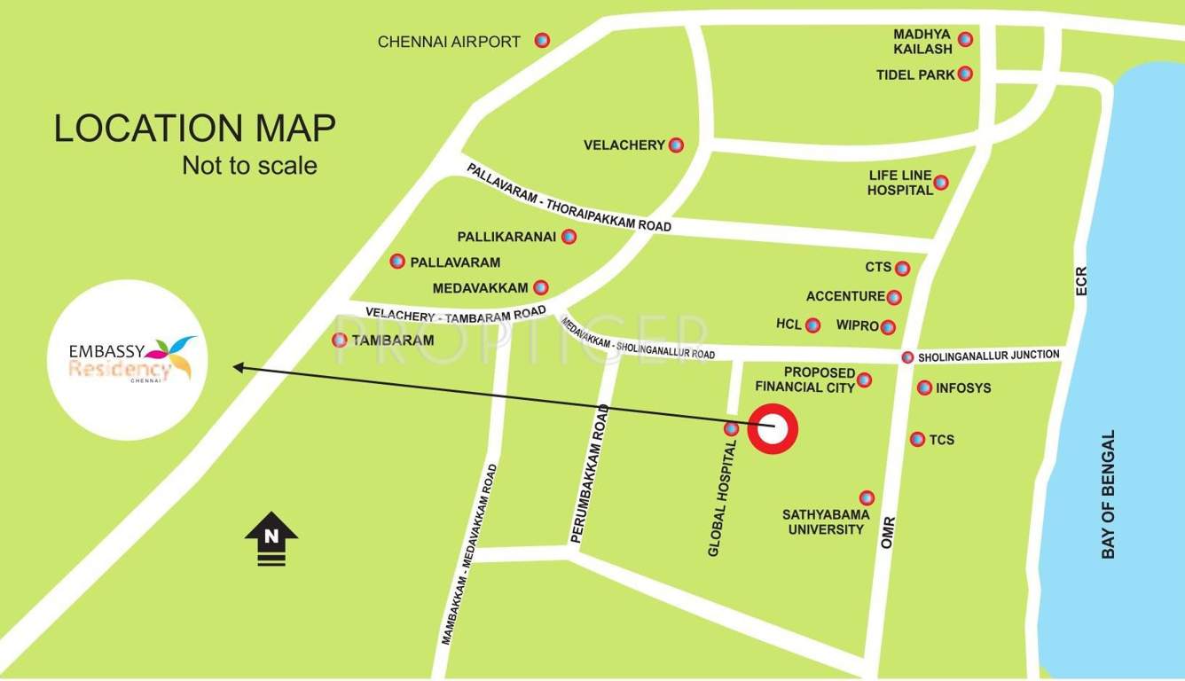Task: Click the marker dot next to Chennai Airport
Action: (x=542, y=40)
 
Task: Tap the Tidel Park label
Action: (x=915, y=74)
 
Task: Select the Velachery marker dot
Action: (x=676, y=145)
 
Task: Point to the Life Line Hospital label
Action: (x=899, y=183)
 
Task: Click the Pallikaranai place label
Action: (x=506, y=237)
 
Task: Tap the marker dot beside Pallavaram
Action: (x=397, y=261)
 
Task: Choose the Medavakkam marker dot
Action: (x=540, y=287)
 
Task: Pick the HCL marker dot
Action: (x=812, y=325)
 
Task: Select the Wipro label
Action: (x=857, y=325)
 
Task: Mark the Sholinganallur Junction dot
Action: (x=906, y=357)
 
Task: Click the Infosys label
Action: (x=963, y=387)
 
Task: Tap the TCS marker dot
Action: (x=917, y=439)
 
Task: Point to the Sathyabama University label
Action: (x=826, y=521)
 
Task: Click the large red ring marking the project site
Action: (x=773, y=429)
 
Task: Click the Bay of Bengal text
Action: (x=1108, y=495)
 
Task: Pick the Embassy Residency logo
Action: (x=129, y=359)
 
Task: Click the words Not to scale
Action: (x=249, y=165)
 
